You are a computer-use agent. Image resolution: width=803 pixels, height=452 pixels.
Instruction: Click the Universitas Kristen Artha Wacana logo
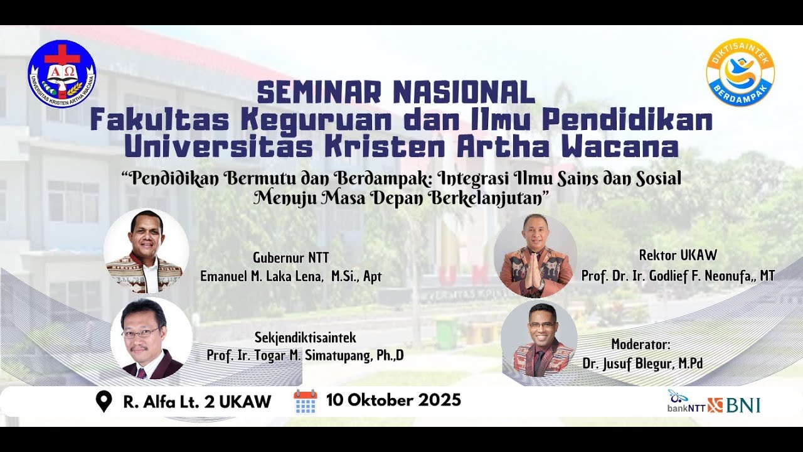pos(61,73)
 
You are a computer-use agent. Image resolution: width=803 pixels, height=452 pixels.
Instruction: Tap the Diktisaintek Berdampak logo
pos(740,72)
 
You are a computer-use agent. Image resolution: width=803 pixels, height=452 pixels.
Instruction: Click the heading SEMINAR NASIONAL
pos(396,93)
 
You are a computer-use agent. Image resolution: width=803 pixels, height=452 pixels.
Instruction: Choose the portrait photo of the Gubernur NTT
pos(146,251)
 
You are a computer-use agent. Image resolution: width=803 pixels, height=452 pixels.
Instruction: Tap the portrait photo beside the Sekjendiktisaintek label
pos(151,339)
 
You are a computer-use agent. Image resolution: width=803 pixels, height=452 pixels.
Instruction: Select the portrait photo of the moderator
pos(539,340)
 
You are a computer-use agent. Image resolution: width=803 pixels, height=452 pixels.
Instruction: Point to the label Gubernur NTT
pos(290,257)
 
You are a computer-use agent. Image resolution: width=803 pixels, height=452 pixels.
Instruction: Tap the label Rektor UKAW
pos(678,256)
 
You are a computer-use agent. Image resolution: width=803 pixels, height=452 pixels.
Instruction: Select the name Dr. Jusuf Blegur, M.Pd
pos(642,363)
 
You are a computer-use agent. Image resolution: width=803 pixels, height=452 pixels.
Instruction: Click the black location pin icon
pos(104,401)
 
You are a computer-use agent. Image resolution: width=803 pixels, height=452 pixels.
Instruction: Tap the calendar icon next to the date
pos(306,401)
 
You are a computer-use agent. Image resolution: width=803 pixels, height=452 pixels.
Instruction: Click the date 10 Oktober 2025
pos(393,400)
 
